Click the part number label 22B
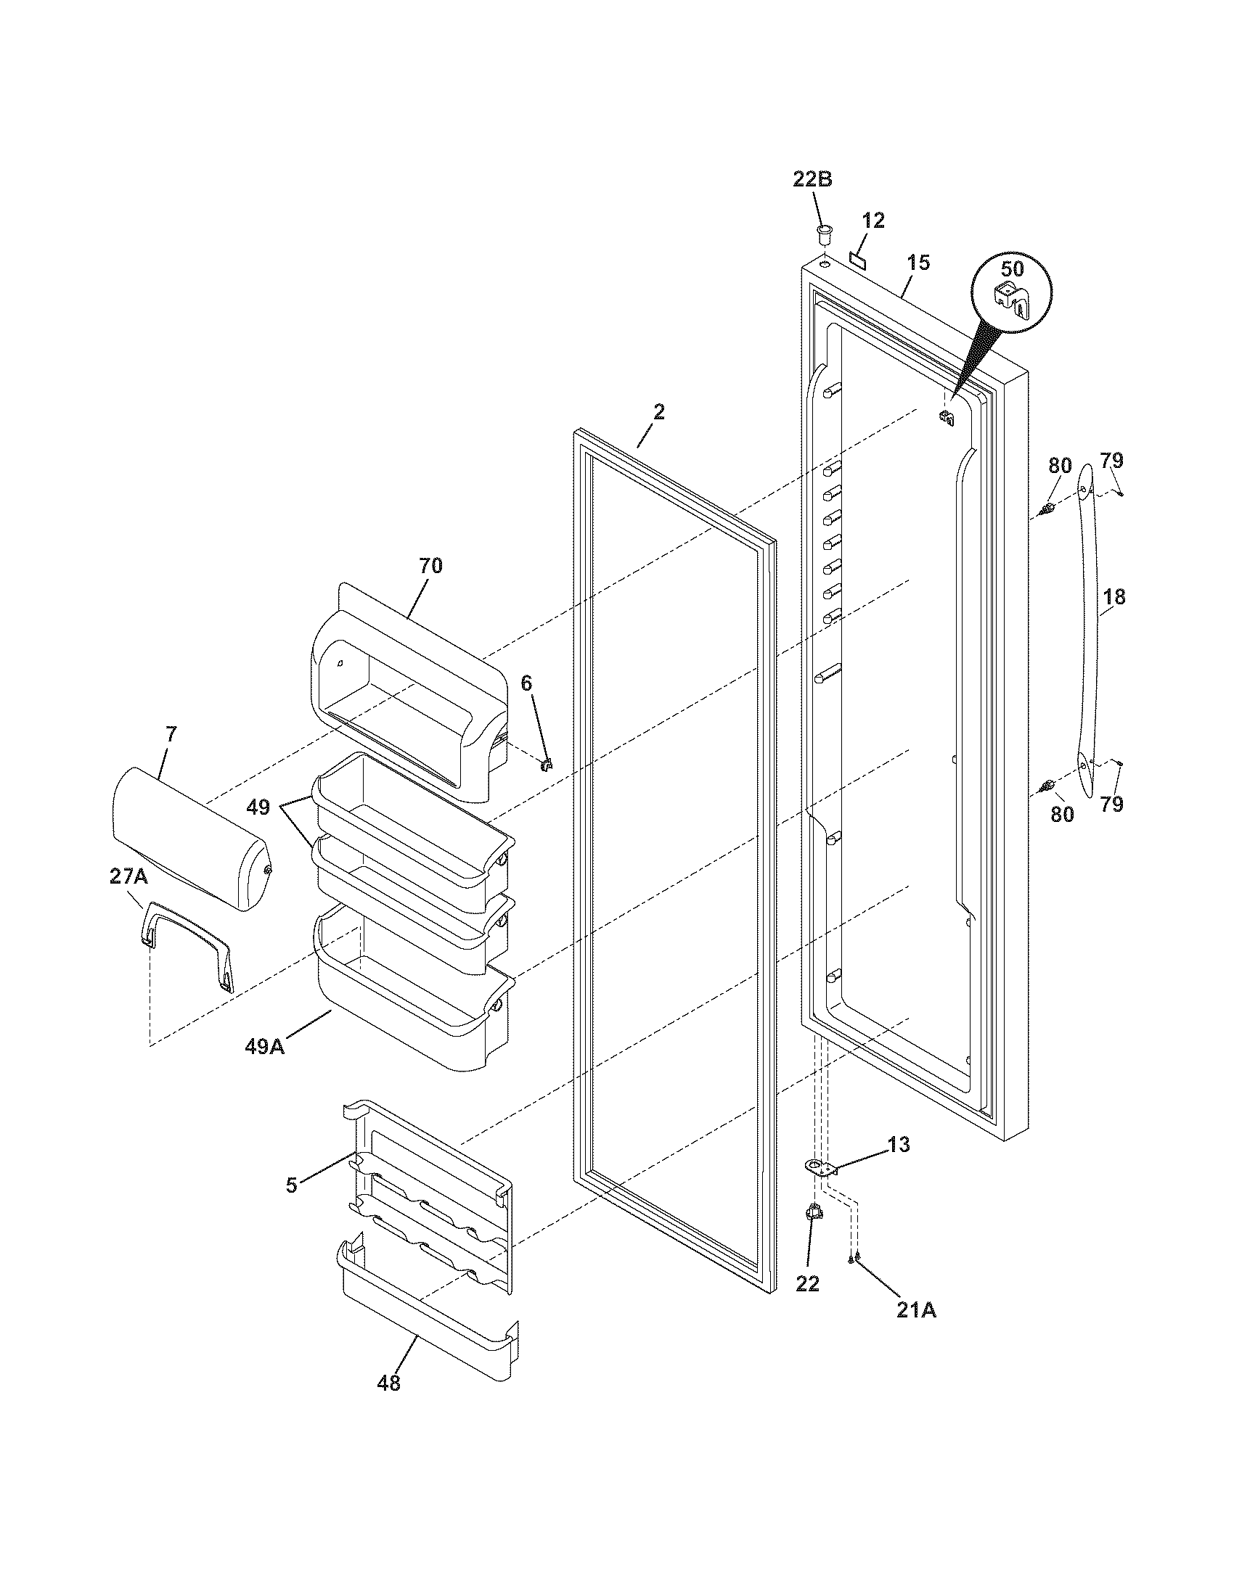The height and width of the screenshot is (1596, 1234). pos(812,179)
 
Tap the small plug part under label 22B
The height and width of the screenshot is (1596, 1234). pos(825,235)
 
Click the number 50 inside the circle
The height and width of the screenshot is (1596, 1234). pos(1012,269)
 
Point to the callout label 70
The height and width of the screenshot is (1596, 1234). pos(430,566)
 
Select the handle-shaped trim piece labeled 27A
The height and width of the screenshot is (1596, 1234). pos(188,944)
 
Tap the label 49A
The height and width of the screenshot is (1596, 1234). pos(264,1045)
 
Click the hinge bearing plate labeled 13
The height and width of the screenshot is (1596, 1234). pos(822,1167)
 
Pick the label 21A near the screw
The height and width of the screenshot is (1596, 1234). pos(916,1311)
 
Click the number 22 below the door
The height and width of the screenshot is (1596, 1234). pos(808,1283)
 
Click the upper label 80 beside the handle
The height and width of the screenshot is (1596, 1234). pos(1060,465)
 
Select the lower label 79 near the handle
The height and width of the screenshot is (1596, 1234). pos(1111,805)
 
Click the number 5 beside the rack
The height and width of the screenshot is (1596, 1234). pos(292,1185)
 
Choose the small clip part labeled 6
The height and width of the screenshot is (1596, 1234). pos(545,765)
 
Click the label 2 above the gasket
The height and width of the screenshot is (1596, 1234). pos(658,412)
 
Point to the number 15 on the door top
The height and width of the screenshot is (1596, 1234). pos(918,263)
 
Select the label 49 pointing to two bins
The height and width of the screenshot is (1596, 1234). pos(258,807)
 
